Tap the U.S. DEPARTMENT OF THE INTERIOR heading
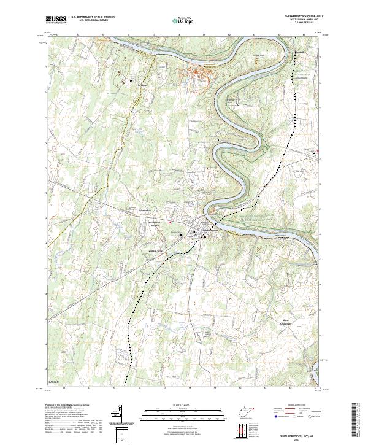point(93,17)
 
